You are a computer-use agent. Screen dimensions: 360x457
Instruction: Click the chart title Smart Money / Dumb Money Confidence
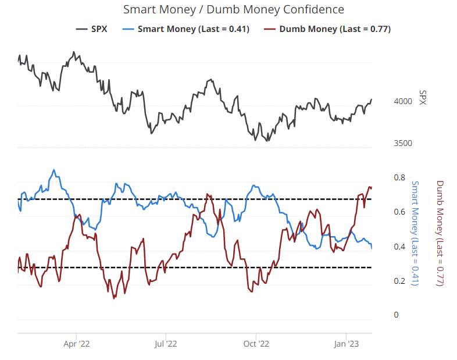point(234,10)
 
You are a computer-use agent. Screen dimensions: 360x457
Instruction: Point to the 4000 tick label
point(402,101)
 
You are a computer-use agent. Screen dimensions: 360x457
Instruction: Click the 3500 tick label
point(402,144)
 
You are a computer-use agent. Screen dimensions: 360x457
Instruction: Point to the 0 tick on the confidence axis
point(396,315)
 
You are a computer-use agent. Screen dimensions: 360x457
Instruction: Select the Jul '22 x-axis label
point(166,344)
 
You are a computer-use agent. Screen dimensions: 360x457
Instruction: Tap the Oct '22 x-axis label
point(256,344)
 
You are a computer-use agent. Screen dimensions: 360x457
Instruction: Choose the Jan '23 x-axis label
point(347,344)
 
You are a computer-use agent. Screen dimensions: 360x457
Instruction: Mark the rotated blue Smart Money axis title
point(415,233)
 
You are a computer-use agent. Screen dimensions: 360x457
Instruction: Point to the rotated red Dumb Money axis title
point(440,233)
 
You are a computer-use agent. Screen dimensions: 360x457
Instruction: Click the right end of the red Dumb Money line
point(372,187)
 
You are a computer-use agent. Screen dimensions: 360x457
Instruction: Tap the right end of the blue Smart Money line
point(372,248)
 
